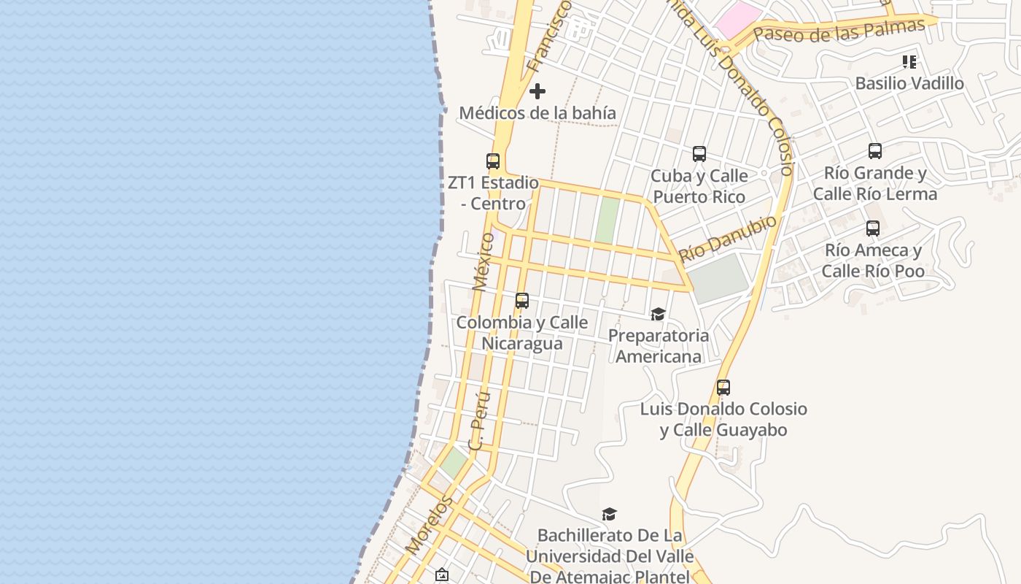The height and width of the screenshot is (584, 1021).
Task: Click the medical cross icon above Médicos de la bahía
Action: click(537, 91)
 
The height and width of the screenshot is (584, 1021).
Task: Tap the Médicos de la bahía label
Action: click(537, 113)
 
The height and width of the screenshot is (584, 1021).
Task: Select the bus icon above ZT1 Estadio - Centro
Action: click(493, 161)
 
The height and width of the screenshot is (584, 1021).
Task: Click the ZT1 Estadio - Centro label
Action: click(494, 193)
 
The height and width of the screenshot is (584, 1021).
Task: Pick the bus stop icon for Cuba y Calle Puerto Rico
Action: click(699, 154)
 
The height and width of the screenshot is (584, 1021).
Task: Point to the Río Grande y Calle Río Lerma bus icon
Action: click(875, 151)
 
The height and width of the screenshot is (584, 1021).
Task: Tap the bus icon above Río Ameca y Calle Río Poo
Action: click(873, 228)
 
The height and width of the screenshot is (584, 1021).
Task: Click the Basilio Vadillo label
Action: click(909, 83)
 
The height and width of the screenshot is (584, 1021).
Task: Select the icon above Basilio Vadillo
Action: click(909, 61)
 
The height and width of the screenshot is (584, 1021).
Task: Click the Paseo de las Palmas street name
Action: click(839, 30)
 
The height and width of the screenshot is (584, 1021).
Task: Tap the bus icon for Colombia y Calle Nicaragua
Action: click(522, 300)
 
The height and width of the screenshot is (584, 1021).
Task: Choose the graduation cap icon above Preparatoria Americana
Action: click(658, 314)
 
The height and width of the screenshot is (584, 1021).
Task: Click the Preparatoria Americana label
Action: click(659, 346)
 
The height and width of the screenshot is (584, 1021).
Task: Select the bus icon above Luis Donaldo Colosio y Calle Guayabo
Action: click(723, 387)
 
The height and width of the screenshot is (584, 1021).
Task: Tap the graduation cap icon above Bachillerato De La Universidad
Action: click(609, 514)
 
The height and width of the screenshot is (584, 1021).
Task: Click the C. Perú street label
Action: click(479, 420)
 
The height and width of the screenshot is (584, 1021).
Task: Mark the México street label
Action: click(483, 261)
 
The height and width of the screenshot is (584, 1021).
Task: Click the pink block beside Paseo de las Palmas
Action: click(737, 19)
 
